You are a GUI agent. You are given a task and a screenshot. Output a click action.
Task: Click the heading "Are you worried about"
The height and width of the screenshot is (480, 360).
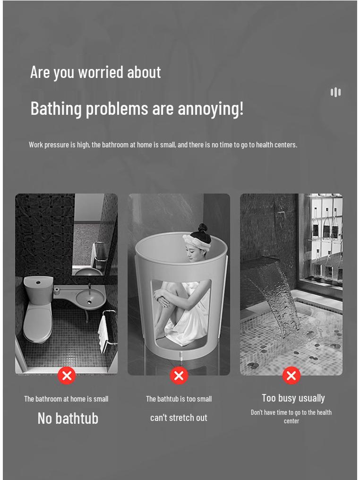[x=95, y=73]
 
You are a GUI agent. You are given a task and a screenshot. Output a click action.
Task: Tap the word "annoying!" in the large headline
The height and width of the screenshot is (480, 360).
[x=211, y=109]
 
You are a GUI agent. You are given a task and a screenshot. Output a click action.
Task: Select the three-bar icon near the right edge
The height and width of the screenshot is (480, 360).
[x=335, y=92]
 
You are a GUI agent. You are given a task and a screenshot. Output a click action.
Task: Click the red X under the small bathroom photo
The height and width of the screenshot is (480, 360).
[x=67, y=375]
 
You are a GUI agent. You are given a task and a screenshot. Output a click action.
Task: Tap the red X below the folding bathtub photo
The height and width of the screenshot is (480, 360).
[x=179, y=375]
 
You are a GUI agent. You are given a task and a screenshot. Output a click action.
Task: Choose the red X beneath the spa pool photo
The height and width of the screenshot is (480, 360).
[x=291, y=375]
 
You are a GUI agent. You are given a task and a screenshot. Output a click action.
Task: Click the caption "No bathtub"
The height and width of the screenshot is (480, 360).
[x=68, y=418]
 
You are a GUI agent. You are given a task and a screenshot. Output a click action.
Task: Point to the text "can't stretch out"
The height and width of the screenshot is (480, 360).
[x=179, y=418]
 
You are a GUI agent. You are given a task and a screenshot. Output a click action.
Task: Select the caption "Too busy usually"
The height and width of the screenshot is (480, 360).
[x=293, y=398]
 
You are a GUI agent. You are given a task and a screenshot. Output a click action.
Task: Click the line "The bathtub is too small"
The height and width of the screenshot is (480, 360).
[x=179, y=399]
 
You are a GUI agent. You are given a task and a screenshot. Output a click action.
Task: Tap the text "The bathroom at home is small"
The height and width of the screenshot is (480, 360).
[x=66, y=399]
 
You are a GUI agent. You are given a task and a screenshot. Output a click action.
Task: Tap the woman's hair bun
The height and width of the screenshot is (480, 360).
[x=202, y=228]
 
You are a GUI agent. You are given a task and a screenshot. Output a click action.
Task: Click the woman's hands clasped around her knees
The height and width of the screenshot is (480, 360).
[x=163, y=298]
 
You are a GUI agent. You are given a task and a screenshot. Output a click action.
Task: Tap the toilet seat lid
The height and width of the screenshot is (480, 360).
[x=38, y=324]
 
